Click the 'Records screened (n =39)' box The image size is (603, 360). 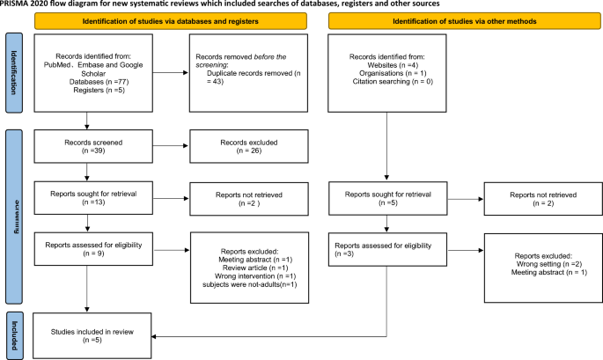pos(93,146)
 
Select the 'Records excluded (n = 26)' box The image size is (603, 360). pos(249,146)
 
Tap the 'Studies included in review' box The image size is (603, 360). pos(92,335)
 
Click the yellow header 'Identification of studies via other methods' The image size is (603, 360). pos(465,21)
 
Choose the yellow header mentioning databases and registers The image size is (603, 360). pos(171,21)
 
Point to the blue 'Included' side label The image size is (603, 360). pos(14,335)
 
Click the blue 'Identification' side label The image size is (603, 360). pos(14,73)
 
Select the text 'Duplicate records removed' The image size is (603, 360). pos(250,73)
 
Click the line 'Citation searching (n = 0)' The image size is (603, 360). pos(393,82)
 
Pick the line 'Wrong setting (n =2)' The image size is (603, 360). pos(548,264)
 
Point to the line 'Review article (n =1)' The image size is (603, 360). pos(255,268)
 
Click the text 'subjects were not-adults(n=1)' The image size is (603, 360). pos(250,284)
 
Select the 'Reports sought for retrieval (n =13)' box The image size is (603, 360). pos(93,198)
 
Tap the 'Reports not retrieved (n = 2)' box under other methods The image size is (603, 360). pos(543,199)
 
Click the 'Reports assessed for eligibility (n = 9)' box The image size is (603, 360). pos(93,249)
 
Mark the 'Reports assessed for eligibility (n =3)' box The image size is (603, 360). pos(387,250)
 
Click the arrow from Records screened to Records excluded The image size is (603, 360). pos(171,146)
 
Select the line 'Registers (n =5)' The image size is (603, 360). pos(99,90)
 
